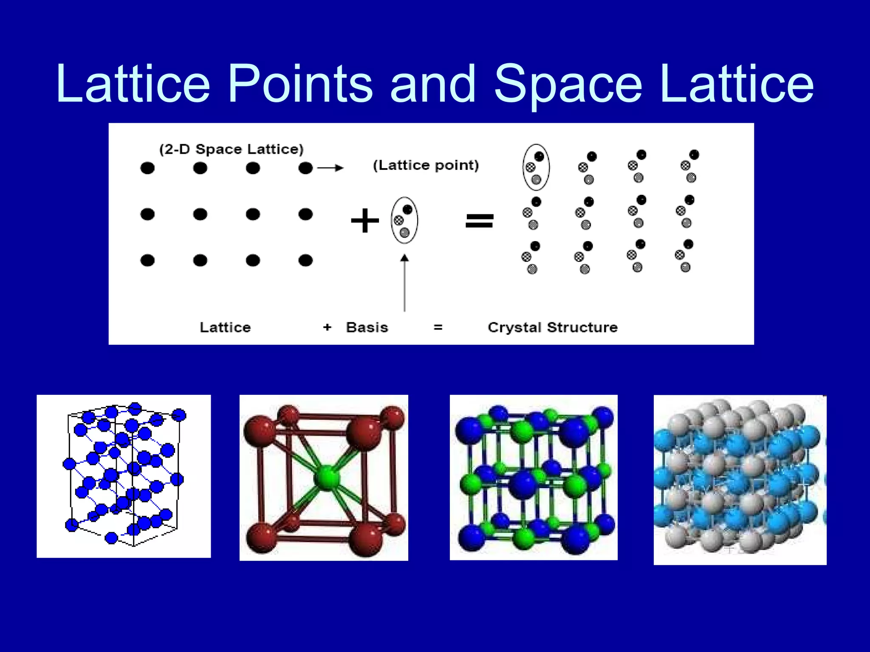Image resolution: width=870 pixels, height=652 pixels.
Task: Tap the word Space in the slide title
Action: [568, 84]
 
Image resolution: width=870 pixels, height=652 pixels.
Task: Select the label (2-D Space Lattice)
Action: [232, 149]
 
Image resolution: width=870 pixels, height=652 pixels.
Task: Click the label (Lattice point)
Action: [426, 165]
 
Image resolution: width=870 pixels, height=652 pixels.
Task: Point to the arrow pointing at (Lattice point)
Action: [330, 168]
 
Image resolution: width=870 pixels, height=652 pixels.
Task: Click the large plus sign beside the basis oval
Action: [364, 221]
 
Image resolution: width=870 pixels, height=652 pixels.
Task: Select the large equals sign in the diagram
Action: [480, 221]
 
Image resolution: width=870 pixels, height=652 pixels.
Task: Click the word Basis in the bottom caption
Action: [367, 327]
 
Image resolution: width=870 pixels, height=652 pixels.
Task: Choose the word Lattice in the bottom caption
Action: [225, 327]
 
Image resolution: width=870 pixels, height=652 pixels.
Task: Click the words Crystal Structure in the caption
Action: [552, 327]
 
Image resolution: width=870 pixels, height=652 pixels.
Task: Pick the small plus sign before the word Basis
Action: [327, 327]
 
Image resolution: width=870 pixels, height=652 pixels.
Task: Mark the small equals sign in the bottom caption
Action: [438, 327]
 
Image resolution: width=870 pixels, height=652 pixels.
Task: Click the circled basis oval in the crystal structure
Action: [536, 167]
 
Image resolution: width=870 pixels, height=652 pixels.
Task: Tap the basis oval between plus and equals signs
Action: [404, 220]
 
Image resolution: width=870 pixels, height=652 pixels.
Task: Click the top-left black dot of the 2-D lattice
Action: [147, 168]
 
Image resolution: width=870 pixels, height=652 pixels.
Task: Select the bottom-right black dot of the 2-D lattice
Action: [305, 260]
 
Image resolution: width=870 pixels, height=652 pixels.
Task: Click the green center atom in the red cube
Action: [327, 478]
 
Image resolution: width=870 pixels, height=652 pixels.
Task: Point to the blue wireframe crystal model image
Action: [124, 476]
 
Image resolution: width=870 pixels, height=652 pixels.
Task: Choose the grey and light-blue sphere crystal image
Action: [740, 480]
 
